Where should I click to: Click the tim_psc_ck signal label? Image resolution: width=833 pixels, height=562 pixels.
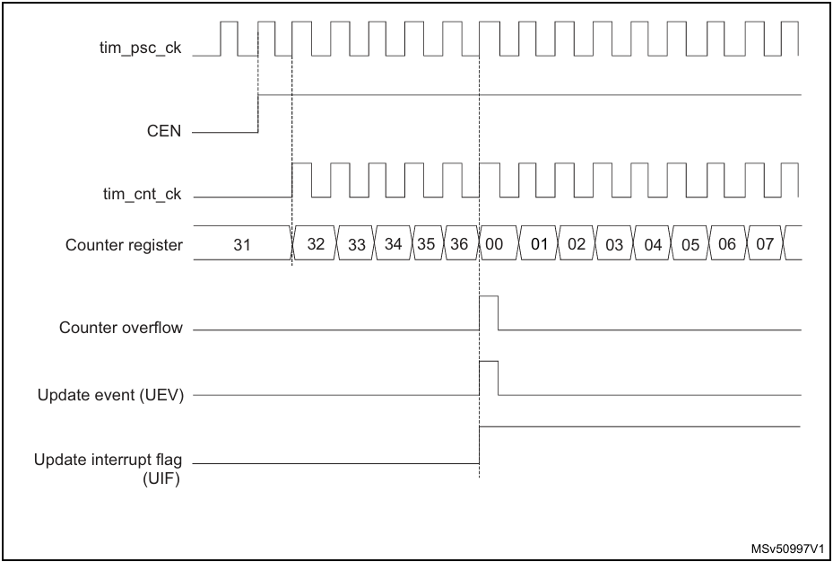[140, 48]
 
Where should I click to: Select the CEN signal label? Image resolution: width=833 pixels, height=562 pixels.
[164, 131]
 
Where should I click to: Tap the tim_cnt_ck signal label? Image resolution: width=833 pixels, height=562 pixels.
[142, 195]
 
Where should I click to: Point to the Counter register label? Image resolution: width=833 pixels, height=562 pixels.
[124, 245]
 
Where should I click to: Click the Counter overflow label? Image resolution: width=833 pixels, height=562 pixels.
[120, 328]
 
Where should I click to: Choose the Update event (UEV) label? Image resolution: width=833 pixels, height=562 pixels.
[110, 396]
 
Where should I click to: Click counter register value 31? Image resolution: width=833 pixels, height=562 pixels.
[242, 244]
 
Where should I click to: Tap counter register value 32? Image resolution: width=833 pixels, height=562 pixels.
[316, 243]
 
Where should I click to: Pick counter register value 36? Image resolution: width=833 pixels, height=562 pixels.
[459, 243]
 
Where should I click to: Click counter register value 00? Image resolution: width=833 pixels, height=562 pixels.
[494, 243]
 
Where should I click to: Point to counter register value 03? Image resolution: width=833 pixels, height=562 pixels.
[614, 244]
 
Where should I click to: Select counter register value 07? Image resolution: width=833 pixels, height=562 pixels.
[765, 243]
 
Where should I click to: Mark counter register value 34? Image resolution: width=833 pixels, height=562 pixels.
[393, 243]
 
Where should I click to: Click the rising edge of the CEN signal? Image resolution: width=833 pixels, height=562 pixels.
[258, 113]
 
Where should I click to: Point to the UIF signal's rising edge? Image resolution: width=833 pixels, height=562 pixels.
[479, 445]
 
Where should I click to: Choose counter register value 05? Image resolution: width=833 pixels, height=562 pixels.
[690, 244]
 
